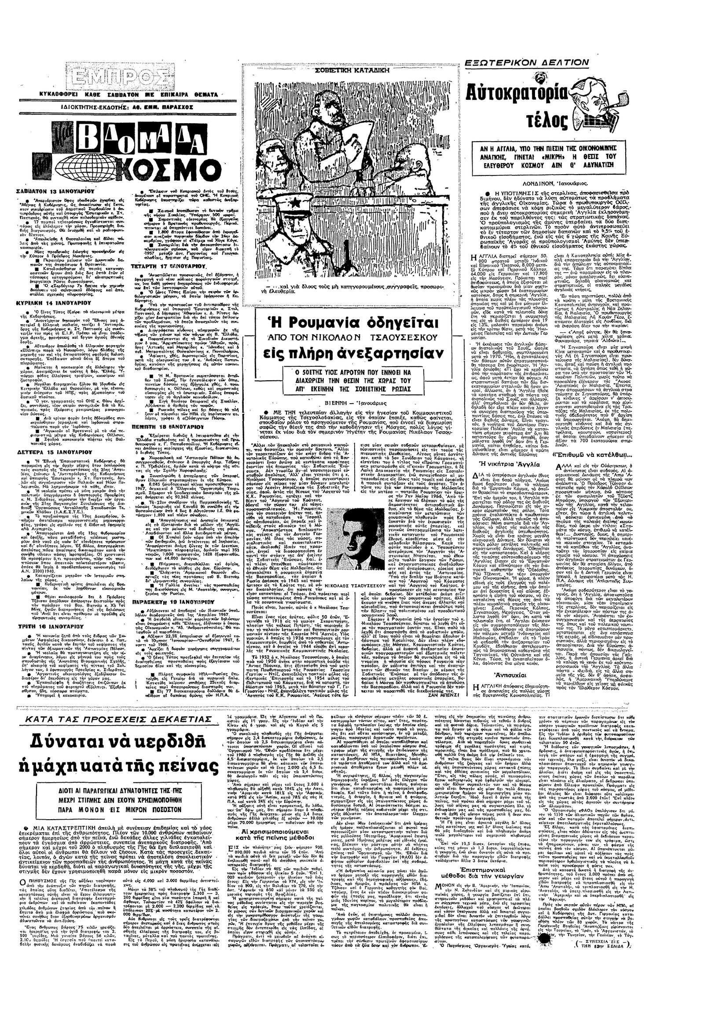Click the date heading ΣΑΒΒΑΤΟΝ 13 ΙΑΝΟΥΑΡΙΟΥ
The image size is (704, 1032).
[60, 189]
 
